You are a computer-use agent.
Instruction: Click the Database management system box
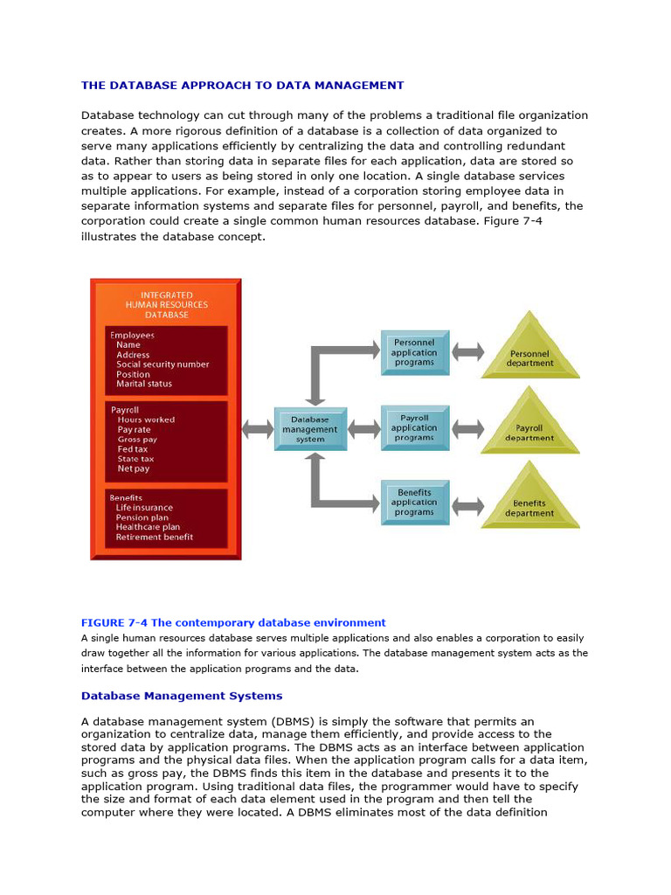[309, 429]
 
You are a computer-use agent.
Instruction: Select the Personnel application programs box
[414, 352]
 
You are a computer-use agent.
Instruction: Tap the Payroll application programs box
[414, 428]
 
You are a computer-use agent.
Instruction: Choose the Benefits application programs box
[414, 503]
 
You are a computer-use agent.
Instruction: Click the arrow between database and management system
[257, 429]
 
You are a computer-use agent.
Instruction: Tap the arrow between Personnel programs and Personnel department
[467, 352]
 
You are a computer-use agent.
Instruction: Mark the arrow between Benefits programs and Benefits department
[467, 504]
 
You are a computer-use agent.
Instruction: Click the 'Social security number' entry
[163, 364]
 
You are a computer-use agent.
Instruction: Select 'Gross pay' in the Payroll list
[137, 440]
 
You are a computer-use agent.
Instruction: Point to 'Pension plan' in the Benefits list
[142, 517]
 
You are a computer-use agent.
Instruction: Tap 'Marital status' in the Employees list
[144, 384]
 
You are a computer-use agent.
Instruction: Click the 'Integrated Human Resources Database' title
[166, 305]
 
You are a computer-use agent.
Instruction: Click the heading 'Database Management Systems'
[182, 696]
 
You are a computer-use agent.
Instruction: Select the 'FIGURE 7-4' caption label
[114, 622]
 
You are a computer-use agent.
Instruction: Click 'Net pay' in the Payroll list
[134, 468]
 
